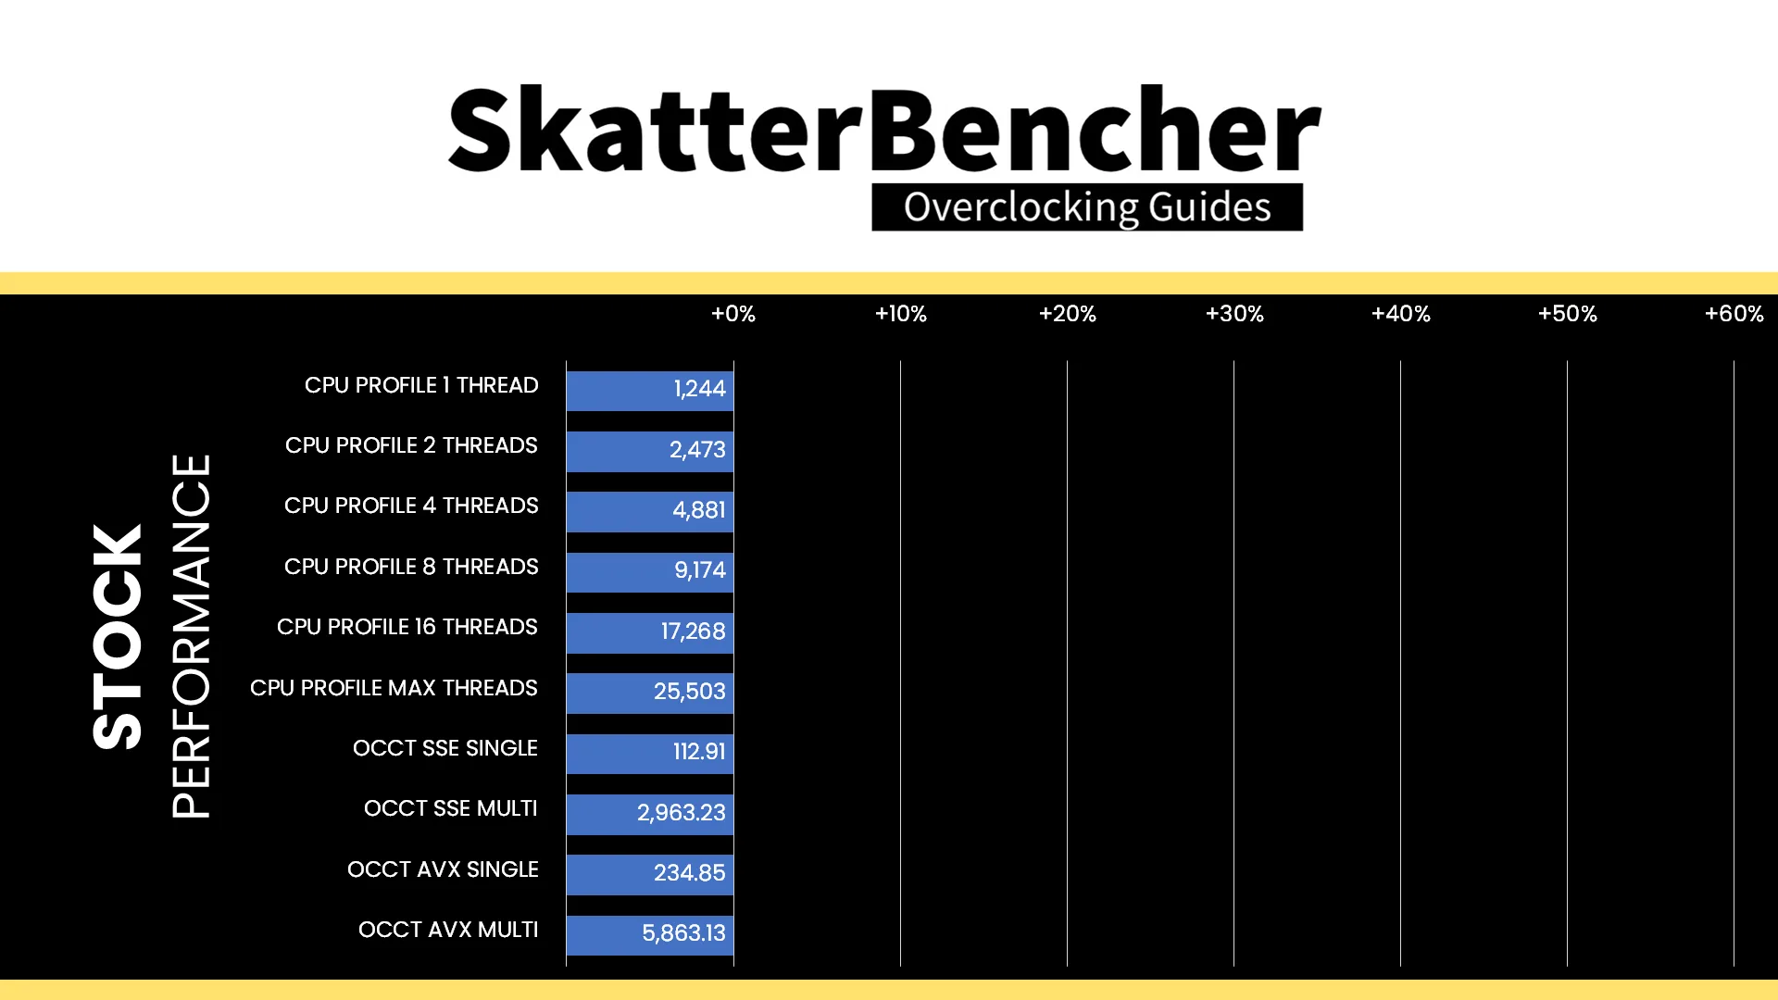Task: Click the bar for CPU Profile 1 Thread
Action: (x=649, y=391)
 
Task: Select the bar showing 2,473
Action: (x=649, y=451)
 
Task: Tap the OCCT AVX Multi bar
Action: (x=649, y=935)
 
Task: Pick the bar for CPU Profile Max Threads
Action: (x=649, y=694)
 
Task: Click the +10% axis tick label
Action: (x=900, y=314)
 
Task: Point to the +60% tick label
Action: (x=1734, y=314)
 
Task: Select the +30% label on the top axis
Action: (x=1234, y=314)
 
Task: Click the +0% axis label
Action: (x=733, y=314)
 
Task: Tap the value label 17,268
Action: (x=693, y=631)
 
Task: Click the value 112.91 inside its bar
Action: (x=699, y=752)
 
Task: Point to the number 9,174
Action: (x=700, y=570)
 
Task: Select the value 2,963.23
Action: (x=682, y=813)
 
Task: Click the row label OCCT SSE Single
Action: (x=445, y=748)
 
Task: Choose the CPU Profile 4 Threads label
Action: (x=411, y=506)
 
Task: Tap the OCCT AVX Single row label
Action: (x=443, y=869)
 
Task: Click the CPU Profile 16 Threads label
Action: (x=407, y=627)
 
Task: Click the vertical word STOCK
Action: (x=118, y=637)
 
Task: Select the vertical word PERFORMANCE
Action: (x=191, y=636)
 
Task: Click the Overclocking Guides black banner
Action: (x=1087, y=207)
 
